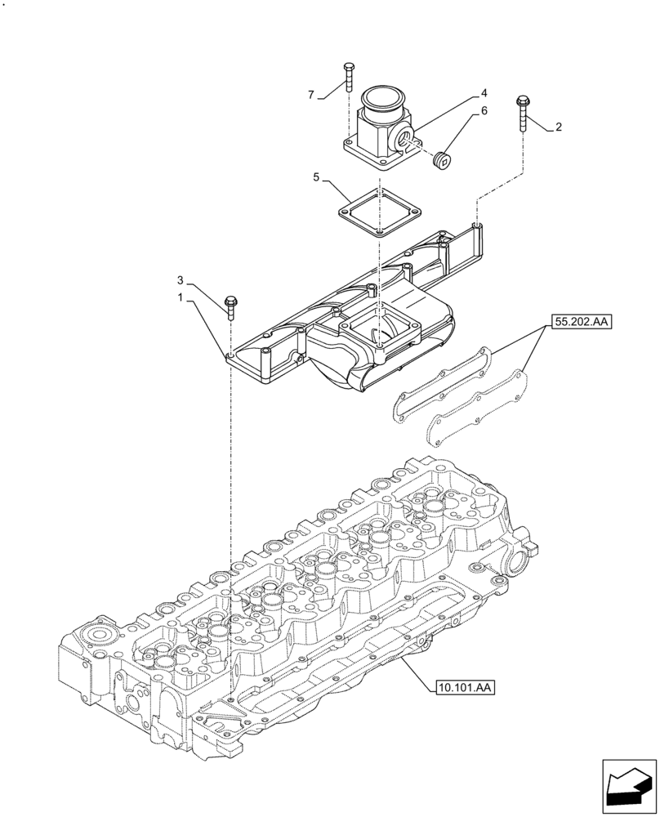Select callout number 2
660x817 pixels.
pos(558,127)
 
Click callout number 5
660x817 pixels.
pos(316,176)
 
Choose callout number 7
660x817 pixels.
pos(311,95)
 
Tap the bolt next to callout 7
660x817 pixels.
pos(349,78)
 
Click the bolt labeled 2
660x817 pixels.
pos(521,114)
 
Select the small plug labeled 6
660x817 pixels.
pos(442,159)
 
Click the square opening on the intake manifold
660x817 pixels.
pos(381,333)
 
